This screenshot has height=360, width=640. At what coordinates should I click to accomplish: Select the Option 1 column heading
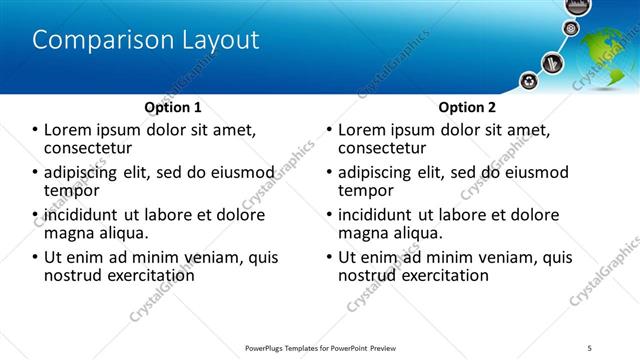[x=173, y=107]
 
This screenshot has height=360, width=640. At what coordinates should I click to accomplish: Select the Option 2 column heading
[x=466, y=107]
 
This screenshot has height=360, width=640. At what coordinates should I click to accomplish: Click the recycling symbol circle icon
[x=528, y=81]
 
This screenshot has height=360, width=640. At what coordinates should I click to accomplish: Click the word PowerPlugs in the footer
[x=268, y=347]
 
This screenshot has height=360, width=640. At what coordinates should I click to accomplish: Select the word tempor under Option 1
[x=71, y=190]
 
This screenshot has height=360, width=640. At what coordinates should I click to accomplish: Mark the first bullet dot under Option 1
[x=36, y=130]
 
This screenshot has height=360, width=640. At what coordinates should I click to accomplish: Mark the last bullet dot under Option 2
[x=330, y=257]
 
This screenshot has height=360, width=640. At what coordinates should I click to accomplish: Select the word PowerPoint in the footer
[x=345, y=347]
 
